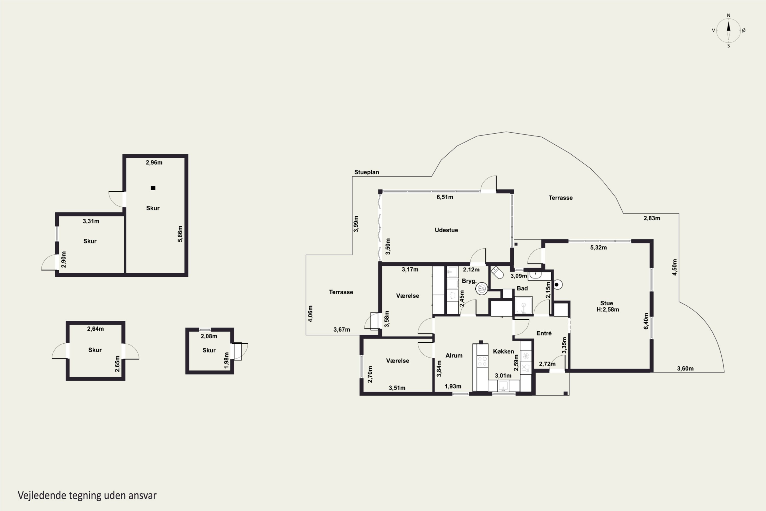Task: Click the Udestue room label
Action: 446,230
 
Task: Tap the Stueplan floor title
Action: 366,172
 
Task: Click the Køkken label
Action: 504,351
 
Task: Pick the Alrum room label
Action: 454,356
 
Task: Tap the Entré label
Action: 544,333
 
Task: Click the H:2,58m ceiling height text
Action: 608,310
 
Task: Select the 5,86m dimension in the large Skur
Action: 180,234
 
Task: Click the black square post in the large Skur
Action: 153,188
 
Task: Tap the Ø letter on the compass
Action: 744,30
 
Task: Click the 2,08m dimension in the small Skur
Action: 209,336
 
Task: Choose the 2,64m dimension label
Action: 95,329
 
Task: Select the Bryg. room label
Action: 469,281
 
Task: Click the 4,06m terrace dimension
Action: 310,313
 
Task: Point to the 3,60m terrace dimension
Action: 685,369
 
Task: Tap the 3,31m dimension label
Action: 91,221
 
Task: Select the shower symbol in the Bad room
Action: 523,305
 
